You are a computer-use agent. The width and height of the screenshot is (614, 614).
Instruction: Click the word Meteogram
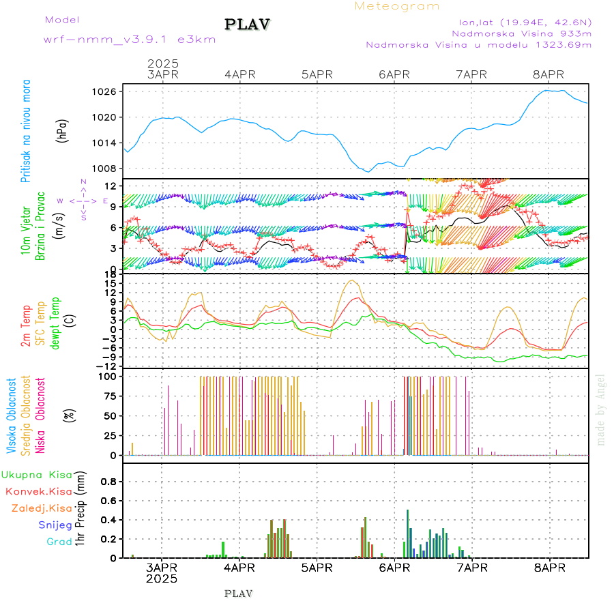pyautogui.click(x=397, y=6)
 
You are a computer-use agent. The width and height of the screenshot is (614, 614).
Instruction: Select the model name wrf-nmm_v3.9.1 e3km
pyautogui.click(x=130, y=39)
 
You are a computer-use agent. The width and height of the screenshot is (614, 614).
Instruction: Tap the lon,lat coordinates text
pyautogui.click(x=525, y=20)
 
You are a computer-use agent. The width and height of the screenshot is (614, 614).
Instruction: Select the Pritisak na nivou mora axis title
pyautogui.click(x=26, y=134)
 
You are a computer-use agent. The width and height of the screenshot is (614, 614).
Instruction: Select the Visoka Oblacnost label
pyautogui.click(x=11, y=416)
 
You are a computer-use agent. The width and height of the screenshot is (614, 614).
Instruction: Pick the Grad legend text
pyautogui.click(x=59, y=542)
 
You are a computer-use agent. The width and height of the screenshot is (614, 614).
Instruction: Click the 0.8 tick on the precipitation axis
pyautogui.click(x=108, y=481)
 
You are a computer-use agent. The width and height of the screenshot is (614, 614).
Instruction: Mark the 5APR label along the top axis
pyautogui.click(x=317, y=74)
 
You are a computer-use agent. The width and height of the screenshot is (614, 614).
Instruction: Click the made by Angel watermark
pyautogui.click(x=601, y=409)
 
